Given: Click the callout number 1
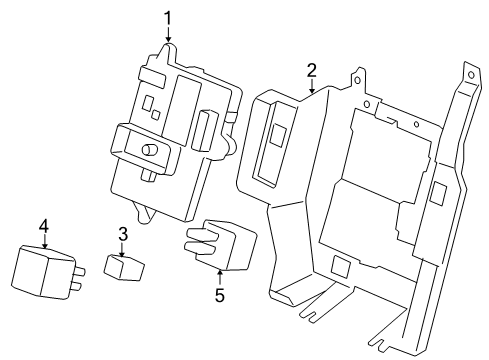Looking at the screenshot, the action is [168, 18].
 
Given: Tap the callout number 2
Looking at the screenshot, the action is [311, 70].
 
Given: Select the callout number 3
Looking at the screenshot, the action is [123, 234].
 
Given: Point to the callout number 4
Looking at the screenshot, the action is [44, 226].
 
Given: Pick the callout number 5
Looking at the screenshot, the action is [220, 295].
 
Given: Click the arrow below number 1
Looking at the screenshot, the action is [168, 35].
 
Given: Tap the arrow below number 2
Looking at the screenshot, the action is [312, 86].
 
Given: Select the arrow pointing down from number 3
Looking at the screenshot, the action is [122, 250].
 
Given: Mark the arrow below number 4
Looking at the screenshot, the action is [45, 241].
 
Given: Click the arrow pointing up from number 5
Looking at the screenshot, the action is [220, 278].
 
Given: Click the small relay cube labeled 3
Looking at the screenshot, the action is [124, 268].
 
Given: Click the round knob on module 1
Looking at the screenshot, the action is [149, 150].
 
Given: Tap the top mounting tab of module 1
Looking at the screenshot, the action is [168, 53].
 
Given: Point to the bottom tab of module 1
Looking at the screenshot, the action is [143, 212].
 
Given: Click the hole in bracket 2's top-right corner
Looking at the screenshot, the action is [471, 75].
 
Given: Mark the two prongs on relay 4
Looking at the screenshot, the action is [78, 278].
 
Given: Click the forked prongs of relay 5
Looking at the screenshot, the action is [199, 240].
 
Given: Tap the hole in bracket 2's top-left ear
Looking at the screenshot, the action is [357, 80].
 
